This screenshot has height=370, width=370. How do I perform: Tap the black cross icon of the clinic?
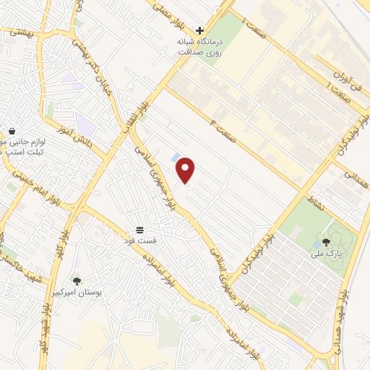click(x=200, y=30)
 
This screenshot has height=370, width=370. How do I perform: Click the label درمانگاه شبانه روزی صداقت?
click(x=199, y=47)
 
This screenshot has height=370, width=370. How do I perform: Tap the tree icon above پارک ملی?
click(x=327, y=242)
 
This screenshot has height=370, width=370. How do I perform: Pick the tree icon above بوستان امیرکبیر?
click(x=77, y=280)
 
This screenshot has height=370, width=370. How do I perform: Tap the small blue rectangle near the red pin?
click(x=176, y=157)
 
